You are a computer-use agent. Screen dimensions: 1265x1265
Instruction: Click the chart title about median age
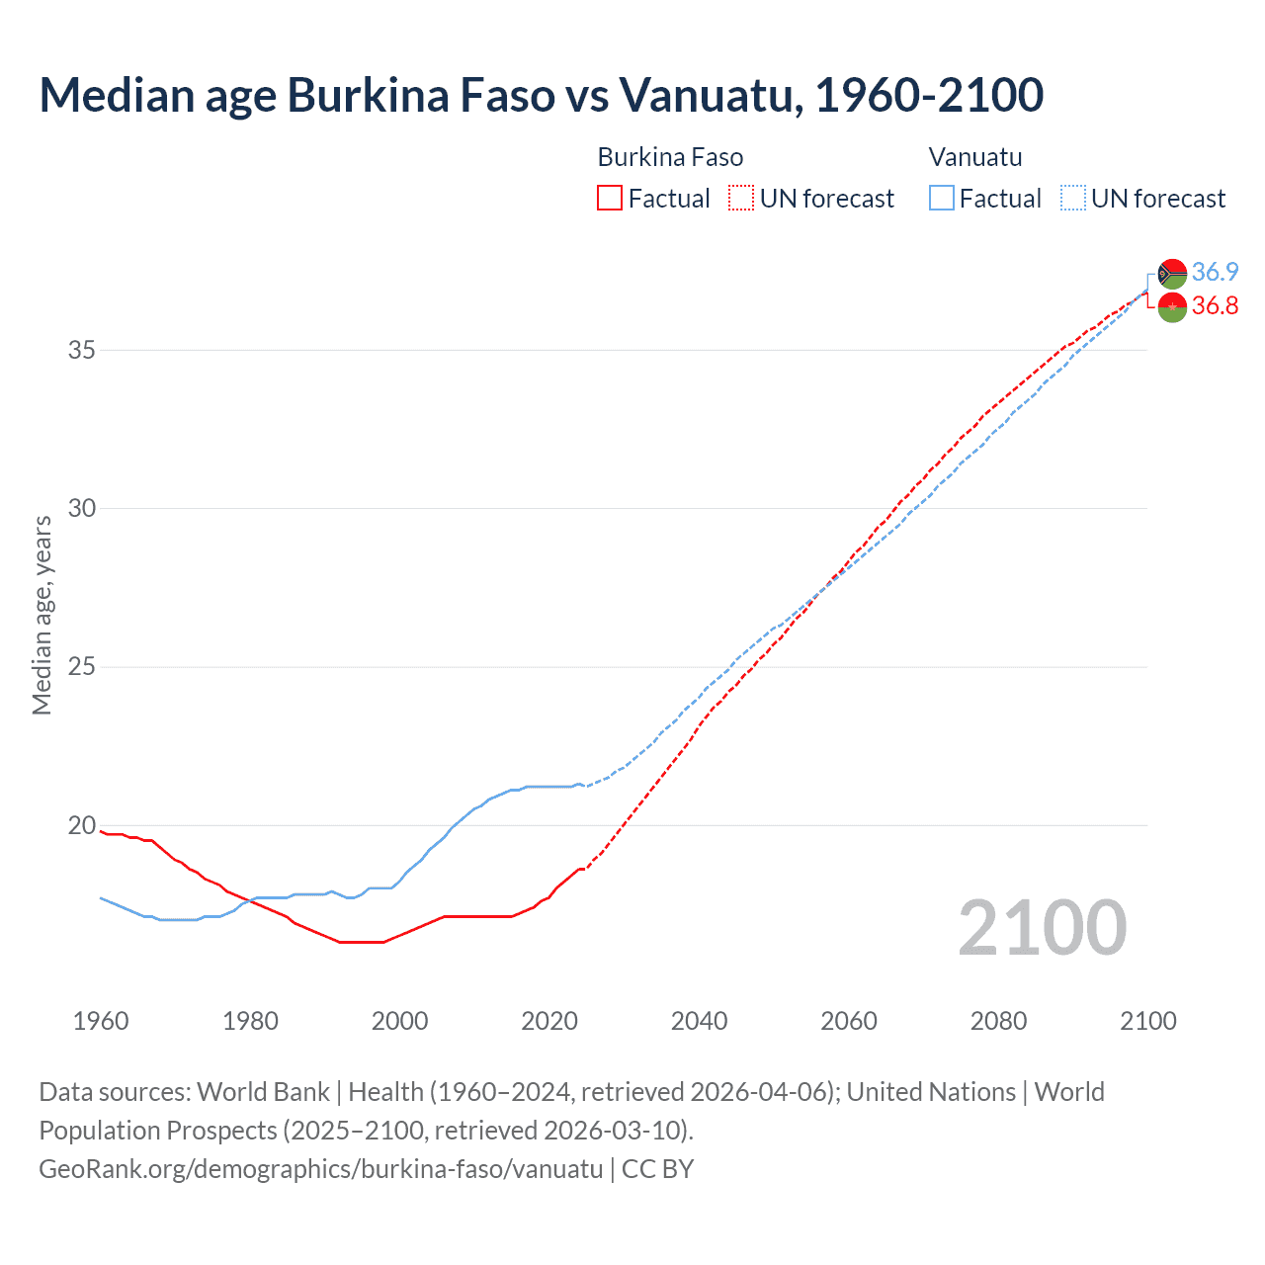(541, 95)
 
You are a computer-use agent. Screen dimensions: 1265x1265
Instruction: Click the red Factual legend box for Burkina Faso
(610, 198)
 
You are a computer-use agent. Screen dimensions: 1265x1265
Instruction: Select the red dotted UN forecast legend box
(741, 198)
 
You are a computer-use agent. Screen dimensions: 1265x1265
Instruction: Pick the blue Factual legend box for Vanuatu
(942, 198)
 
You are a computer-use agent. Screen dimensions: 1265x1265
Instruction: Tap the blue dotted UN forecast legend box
(1072, 198)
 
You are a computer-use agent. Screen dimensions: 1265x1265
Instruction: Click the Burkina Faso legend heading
(670, 157)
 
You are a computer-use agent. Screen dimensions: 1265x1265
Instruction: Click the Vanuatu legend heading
(974, 157)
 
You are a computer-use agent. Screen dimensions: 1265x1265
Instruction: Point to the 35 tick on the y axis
(82, 350)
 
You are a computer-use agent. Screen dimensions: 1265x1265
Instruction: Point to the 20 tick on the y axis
(82, 825)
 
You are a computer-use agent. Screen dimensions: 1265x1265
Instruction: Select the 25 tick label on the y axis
(82, 667)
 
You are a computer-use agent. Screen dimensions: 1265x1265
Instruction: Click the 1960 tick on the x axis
(101, 1021)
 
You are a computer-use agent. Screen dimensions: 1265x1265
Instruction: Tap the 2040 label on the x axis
(699, 1021)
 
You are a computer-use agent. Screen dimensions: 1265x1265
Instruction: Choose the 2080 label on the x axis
(998, 1021)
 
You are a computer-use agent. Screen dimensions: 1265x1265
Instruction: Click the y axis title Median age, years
(42, 615)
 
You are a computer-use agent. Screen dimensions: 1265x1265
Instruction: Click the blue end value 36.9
(1215, 272)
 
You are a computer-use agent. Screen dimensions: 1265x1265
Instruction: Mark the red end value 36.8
(1215, 305)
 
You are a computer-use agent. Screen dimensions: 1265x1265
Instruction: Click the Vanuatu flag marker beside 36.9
(1172, 274)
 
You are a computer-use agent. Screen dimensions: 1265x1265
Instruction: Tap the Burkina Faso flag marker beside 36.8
(1172, 307)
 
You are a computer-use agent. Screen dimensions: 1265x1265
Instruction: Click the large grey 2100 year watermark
(1042, 928)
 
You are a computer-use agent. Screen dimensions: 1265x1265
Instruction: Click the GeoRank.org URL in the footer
(320, 1169)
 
